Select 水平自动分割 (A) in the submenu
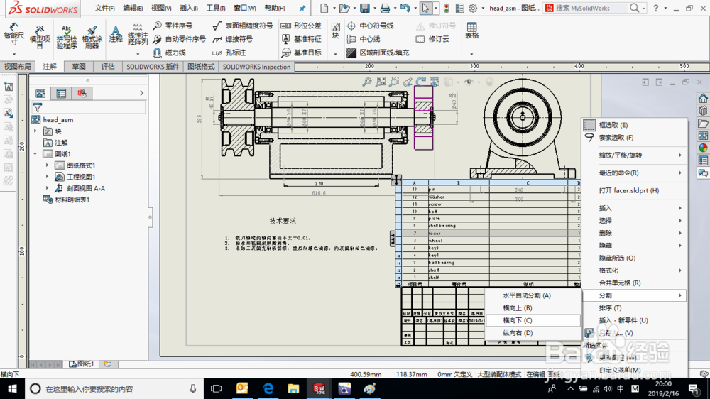click(x=526, y=295)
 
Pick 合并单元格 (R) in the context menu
click(x=619, y=283)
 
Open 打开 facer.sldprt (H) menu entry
click(x=628, y=190)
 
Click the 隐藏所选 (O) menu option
click(x=616, y=258)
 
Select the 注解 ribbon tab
click(x=50, y=67)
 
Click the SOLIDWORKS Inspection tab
click(x=257, y=67)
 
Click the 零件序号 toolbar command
click(x=178, y=26)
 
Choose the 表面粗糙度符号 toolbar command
click(x=248, y=26)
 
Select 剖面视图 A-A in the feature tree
click(x=85, y=188)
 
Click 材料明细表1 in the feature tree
click(x=72, y=199)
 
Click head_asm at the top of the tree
click(x=58, y=120)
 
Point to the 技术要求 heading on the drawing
click(x=283, y=221)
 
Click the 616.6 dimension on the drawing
click(x=318, y=192)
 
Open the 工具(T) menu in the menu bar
click(x=216, y=9)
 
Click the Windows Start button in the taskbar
click(x=12, y=388)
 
